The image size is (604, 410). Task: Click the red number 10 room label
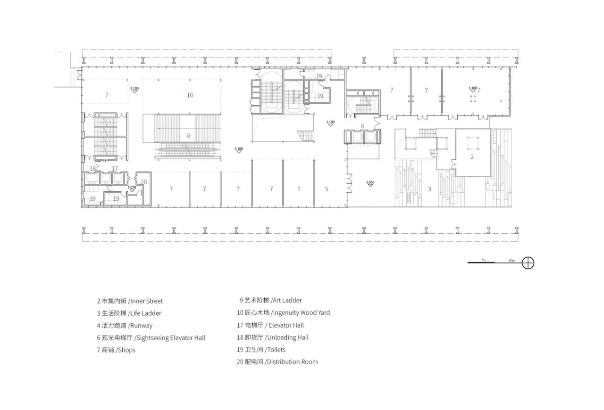coord(190,95)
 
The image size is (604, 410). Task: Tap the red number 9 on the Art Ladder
coord(188,136)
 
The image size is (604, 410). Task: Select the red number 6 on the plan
coord(362,126)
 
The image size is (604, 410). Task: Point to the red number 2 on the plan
coord(472,157)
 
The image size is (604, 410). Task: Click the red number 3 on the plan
coord(429,189)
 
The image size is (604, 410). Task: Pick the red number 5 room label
coord(327,189)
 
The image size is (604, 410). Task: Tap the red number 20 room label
coord(143,182)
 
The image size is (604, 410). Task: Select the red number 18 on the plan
coord(93,169)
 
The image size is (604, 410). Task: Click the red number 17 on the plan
coord(115,169)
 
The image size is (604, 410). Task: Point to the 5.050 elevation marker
coord(370,183)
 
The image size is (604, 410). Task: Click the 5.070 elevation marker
coord(132,188)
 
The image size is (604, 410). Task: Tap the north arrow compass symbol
coord(528,263)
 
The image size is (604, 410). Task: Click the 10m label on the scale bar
coord(512,260)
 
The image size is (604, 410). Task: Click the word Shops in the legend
coord(126,350)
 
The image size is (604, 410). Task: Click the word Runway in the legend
coord(141,326)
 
